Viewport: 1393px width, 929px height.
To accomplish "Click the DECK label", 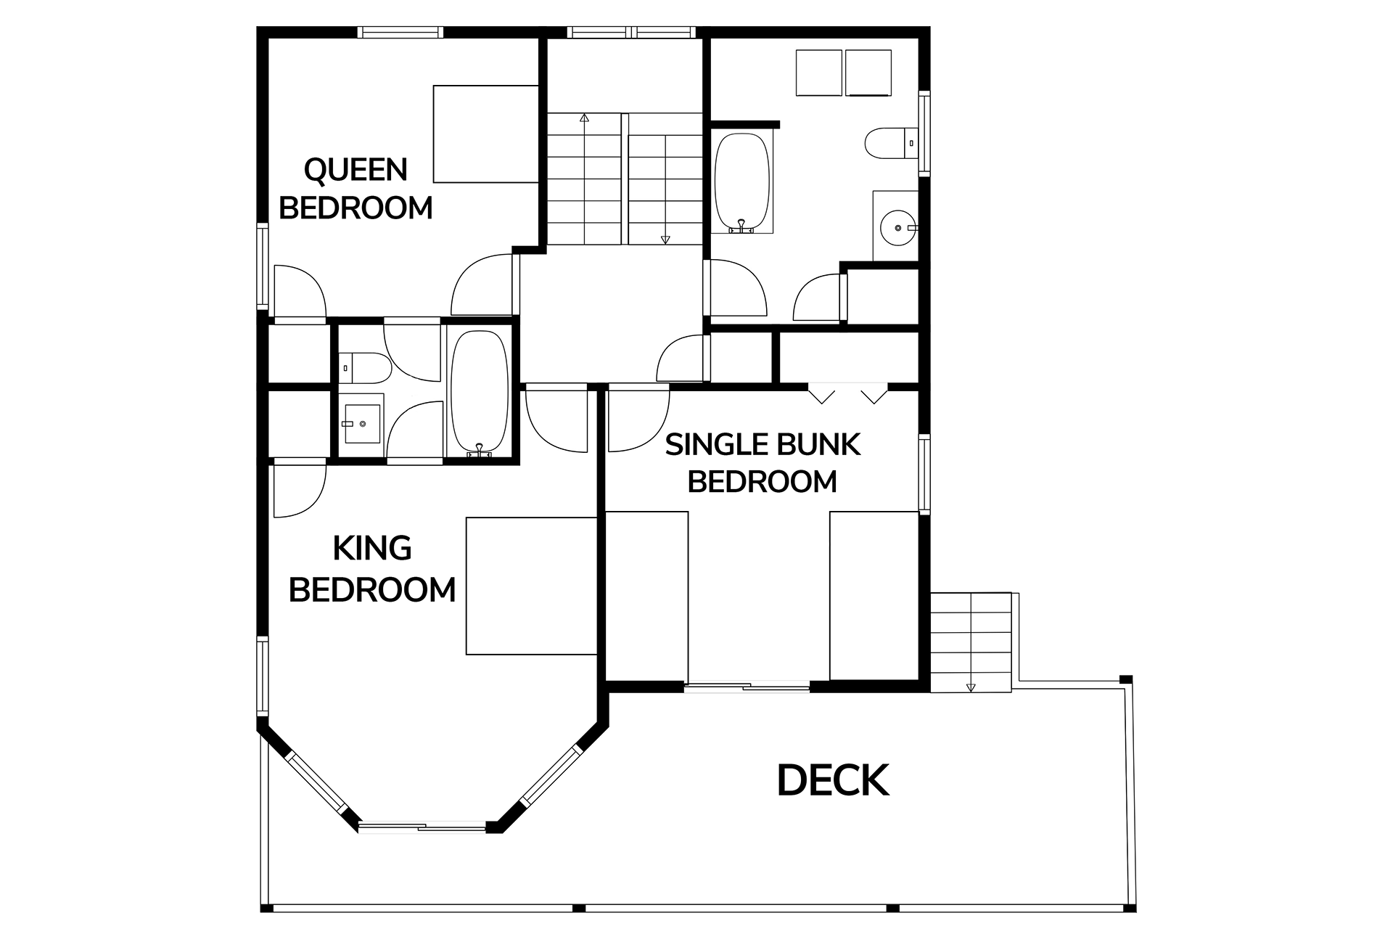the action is tap(833, 781).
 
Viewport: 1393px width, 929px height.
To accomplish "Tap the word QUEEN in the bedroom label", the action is tap(356, 170).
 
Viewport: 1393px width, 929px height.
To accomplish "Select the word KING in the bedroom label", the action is tap(372, 549).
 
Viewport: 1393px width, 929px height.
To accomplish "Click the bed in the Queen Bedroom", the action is tap(486, 134).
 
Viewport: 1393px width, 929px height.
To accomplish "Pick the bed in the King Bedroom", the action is tap(531, 586).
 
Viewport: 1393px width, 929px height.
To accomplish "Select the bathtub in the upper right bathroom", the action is tap(741, 181).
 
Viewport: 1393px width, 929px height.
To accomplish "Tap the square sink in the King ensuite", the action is tap(361, 424).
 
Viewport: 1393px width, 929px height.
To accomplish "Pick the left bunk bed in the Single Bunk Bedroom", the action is tap(646, 596).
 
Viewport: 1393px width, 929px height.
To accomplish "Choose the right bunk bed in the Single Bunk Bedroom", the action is tap(874, 596).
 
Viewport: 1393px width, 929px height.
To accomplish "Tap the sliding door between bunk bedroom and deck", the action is tap(747, 687).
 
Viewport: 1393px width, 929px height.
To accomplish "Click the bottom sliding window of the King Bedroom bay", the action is tap(423, 827).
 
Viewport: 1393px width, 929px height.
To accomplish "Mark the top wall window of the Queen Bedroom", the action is tap(400, 32).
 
